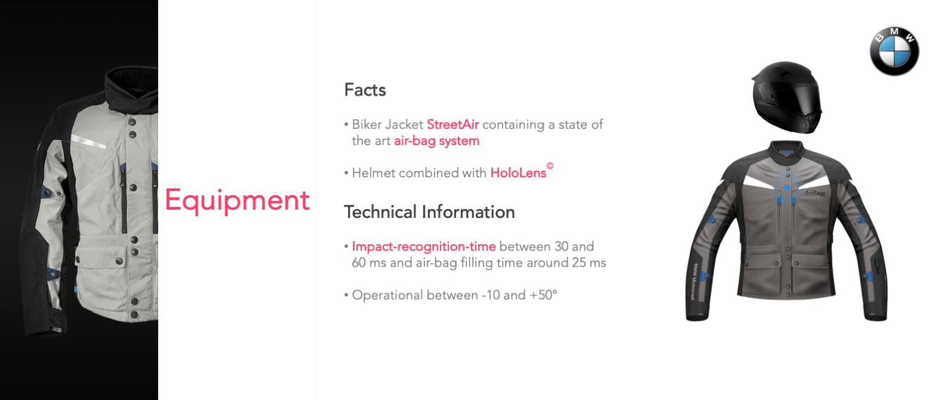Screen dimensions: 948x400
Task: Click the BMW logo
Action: click(x=894, y=51)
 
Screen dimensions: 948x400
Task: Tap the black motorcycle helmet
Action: click(x=787, y=97)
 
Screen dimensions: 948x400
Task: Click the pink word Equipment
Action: click(x=237, y=200)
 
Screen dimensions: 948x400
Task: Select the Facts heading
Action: click(x=365, y=90)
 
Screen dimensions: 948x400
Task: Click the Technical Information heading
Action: click(x=429, y=211)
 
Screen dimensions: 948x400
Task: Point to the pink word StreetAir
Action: click(x=453, y=124)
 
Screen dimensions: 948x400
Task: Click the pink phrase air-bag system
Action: click(x=436, y=141)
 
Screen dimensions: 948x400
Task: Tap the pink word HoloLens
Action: click(x=518, y=173)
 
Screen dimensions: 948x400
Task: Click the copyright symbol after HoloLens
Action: click(x=550, y=165)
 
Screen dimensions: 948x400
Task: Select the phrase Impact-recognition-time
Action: click(x=424, y=247)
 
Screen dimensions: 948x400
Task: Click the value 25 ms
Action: click(x=589, y=263)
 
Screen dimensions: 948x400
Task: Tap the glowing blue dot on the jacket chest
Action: click(x=787, y=187)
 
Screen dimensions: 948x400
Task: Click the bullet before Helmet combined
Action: click(x=346, y=173)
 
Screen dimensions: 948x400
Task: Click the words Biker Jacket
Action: click(x=387, y=124)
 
